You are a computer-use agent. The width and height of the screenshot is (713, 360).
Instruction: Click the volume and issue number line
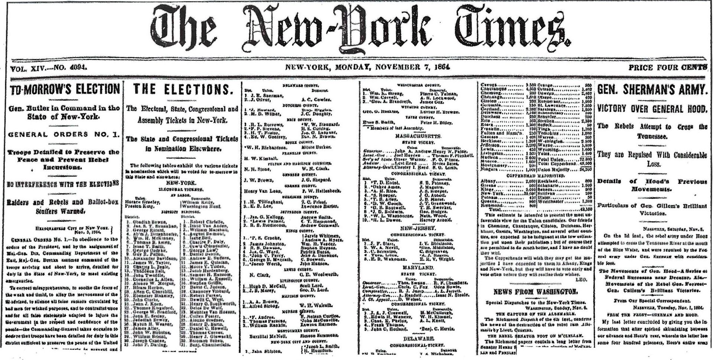coord(49,68)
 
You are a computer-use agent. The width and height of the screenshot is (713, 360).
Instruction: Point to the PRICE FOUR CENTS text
coord(667,68)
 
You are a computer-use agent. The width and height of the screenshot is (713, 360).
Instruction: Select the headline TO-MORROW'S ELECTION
coord(65,89)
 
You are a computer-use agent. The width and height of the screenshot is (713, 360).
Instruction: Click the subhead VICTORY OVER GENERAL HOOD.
coord(652,109)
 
